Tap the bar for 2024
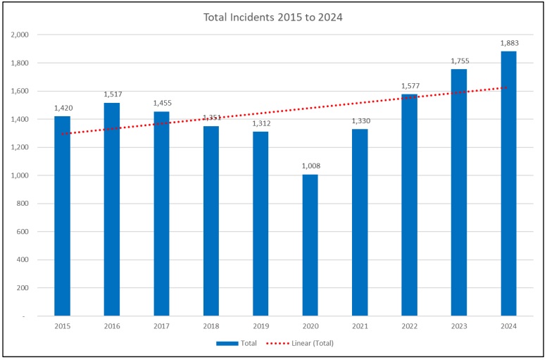pyautogui.click(x=508, y=183)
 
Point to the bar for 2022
pyautogui.click(x=410, y=205)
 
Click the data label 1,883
pyautogui.click(x=509, y=43)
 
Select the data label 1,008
pyautogui.click(x=310, y=166)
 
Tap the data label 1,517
pyautogui.click(x=113, y=94)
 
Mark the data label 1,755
pyautogui.click(x=459, y=61)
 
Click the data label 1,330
pyautogui.click(x=360, y=121)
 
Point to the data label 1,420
pyautogui.click(x=63, y=108)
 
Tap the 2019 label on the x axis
pyautogui.click(x=260, y=326)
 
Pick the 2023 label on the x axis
pyautogui.click(x=459, y=326)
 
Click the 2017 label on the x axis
pyautogui.click(x=162, y=326)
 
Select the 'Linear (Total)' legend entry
pyautogui.click(x=302, y=343)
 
